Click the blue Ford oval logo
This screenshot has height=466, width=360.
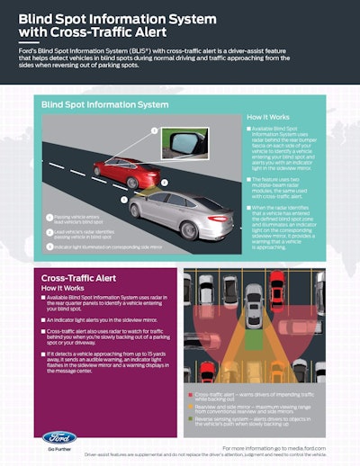(59, 439)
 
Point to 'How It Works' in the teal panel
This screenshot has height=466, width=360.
(268, 117)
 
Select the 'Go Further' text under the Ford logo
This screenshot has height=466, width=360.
(59, 456)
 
